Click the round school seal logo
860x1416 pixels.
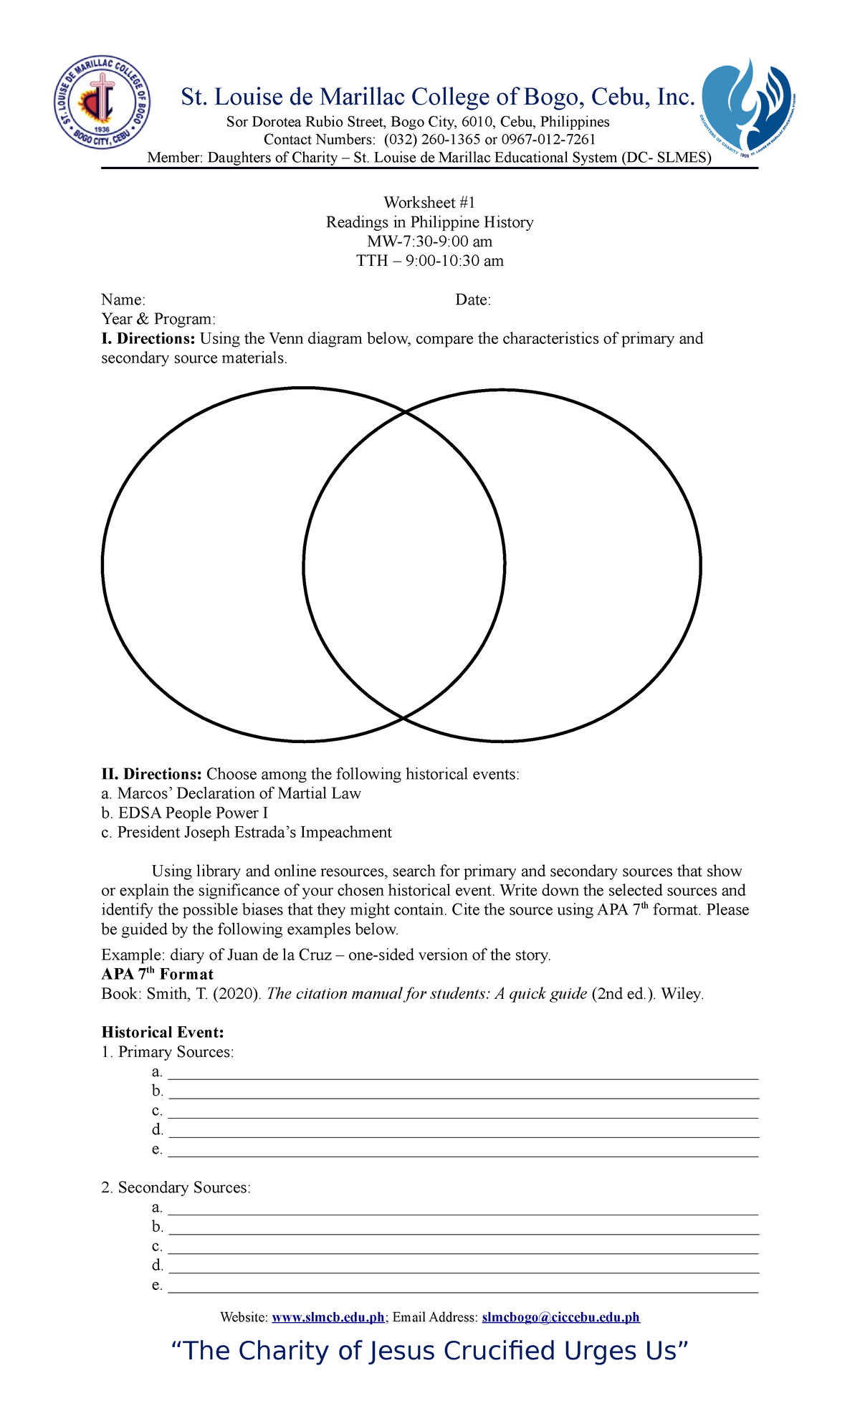pyautogui.click(x=102, y=102)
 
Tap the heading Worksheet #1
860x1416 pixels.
pyautogui.click(x=429, y=203)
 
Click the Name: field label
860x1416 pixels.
pyautogui.click(x=123, y=300)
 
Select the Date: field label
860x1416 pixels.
pyautogui.click(x=473, y=300)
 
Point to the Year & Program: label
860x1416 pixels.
pyautogui.click(x=158, y=319)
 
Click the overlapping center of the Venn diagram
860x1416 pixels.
pyautogui.click(x=404, y=565)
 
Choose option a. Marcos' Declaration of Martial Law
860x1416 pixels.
pyautogui.click(x=231, y=793)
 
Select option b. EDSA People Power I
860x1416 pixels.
pyautogui.click(x=185, y=813)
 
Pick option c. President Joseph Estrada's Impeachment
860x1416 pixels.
pyautogui.click(x=247, y=832)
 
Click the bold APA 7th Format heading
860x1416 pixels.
pyautogui.click(x=158, y=975)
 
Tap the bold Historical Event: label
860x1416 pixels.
pyautogui.click(x=163, y=1033)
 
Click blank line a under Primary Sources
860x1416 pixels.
pyautogui.click(x=462, y=1073)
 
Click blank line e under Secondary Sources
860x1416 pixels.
pyautogui.click(x=462, y=1286)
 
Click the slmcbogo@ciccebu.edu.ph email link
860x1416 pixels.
pyautogui.click(x=560, y=1317)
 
